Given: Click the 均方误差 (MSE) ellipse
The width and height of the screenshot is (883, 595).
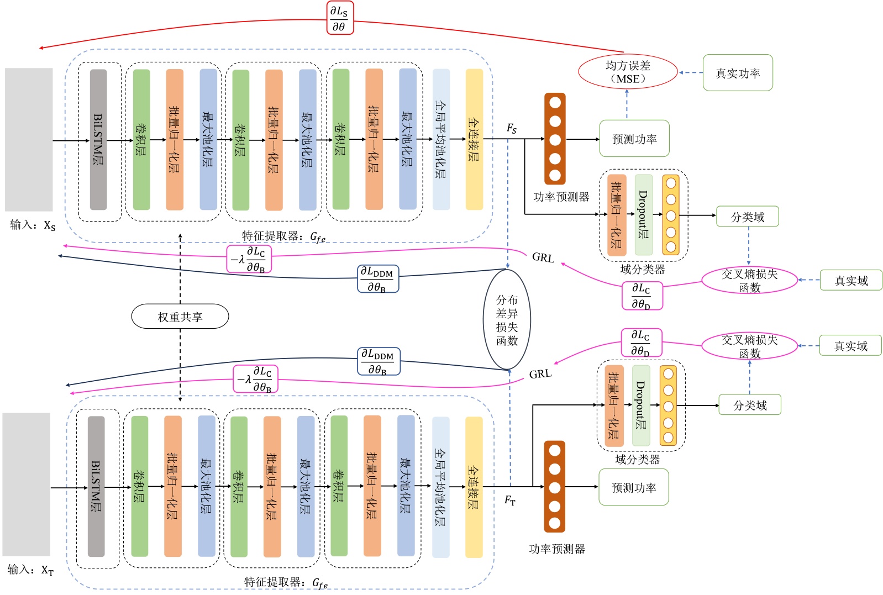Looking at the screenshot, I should pos(628,72).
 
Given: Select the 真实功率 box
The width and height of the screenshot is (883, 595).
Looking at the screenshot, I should pos(737,73).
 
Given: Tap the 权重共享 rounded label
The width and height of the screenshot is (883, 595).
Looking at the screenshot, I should pos(180,317).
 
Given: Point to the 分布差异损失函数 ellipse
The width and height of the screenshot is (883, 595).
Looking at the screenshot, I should pos(507,319).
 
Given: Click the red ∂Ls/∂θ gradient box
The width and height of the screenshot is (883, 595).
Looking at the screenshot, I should pos(339,18).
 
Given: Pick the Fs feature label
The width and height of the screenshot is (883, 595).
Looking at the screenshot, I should pos(512,129).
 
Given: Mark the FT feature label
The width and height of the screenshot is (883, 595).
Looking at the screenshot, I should pos(509,501).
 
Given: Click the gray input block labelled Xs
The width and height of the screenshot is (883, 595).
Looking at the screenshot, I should pos(29,139).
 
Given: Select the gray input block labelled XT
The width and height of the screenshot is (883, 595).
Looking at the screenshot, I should pos(26,484).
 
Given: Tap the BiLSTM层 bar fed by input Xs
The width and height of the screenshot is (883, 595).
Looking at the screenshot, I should pos(98,139).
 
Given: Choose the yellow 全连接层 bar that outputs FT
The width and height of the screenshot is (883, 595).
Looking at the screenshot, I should pos(474,487).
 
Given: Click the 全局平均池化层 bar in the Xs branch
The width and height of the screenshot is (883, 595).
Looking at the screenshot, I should pos(441,139).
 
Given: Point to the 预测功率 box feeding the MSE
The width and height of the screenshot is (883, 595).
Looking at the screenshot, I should pos(634,139).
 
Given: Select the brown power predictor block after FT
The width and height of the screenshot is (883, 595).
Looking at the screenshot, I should pos(554,486).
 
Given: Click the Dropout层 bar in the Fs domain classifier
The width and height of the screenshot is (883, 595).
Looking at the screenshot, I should pos(643,215).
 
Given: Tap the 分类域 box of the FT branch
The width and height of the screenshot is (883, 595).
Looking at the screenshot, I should pos(750,405).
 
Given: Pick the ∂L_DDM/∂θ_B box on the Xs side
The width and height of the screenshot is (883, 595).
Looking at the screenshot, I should pos(378,279).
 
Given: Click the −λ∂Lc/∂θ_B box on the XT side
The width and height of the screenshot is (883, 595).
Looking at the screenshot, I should pos(255,380).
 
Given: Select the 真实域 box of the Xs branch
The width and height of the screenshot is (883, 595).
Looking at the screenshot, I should pos(850,281).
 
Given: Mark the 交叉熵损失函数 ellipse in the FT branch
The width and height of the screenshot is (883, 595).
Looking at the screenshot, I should pos(749,346).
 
